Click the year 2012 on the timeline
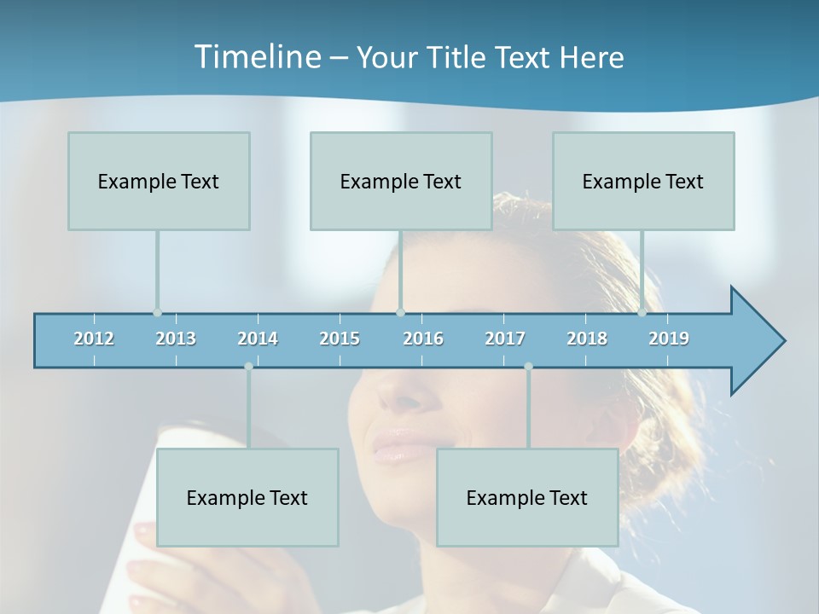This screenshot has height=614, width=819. pyautogui.click(x=94, y=339)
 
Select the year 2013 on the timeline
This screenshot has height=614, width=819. pyautogui.click(x=176, y=339)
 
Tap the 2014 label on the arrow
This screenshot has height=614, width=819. pyautogui.click(x=258, y=339)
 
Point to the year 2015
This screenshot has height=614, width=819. pyautogui.click(x=340, y=339)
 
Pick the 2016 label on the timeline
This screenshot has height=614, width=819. pyautogui.click(x=423, y=339)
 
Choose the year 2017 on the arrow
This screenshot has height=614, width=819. pyautogui.click(x=505, y=339)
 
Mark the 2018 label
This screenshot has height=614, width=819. pyautogui.click(x=587, y=339)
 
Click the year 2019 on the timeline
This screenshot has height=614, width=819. pyautogui.click(x=669, y=339)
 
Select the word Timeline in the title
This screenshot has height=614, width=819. pyautogui.click(x=256, y=57)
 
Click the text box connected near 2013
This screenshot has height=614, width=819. pyautogui.click(x=159, y=181)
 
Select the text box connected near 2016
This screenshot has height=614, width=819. pyautogui.click(x=401, y=181)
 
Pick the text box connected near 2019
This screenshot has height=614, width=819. pyautogui.click(x=643, y=181)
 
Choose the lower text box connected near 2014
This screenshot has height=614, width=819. pyautogui.click(x=247, y=497)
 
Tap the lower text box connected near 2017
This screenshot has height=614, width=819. pyautogui.click(x=527, y=497)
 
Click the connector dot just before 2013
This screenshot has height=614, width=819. pyautogui.click(x=157, y=312)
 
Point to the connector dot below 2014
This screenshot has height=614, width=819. pyautogui.click(x=248, y=367)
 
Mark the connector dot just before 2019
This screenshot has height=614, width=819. pyautogui.click(x=642, y=312)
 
